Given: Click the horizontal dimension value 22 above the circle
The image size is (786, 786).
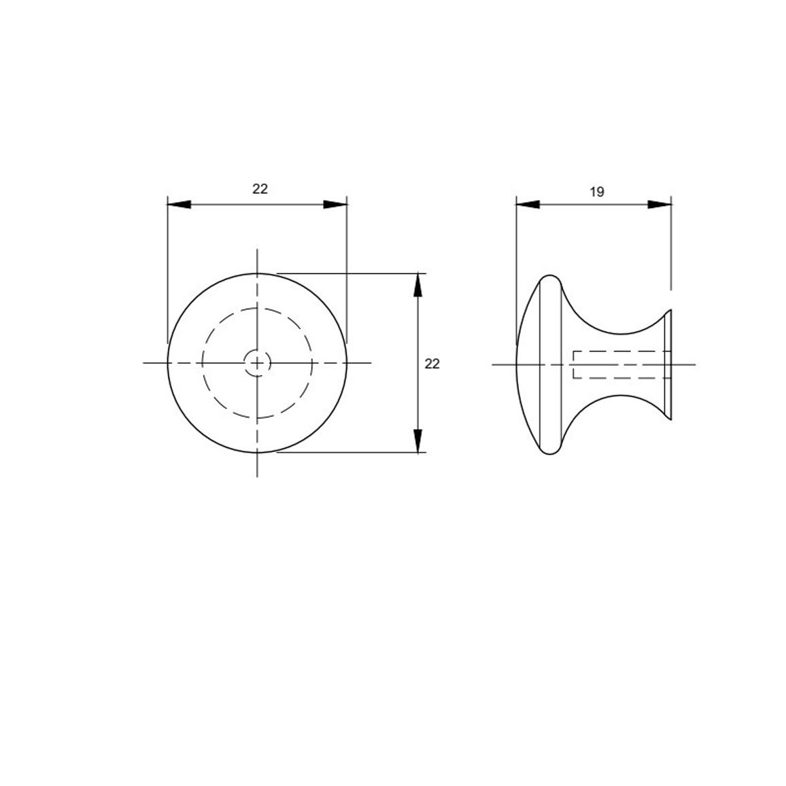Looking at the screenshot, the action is [x=260, y=189].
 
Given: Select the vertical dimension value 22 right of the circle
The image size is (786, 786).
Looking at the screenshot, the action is [x=432, y=364].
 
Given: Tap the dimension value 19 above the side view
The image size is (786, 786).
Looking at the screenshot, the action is [x=596, y=192].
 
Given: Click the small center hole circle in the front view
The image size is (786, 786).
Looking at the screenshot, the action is [x=257, y=362].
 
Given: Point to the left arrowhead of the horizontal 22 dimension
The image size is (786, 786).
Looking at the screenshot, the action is [x=179, y=205].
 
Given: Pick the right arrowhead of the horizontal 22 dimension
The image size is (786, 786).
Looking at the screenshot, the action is [x=335, y=205].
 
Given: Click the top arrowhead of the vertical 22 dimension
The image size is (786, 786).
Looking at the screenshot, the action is [x=417, y=285].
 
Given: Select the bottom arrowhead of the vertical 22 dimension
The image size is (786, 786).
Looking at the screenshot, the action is [x=417, y=441].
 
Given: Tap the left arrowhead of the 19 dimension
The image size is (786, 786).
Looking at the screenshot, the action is [x=528, y=205].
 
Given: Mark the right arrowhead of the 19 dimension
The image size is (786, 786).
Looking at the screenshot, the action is [x=659, y=205].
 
